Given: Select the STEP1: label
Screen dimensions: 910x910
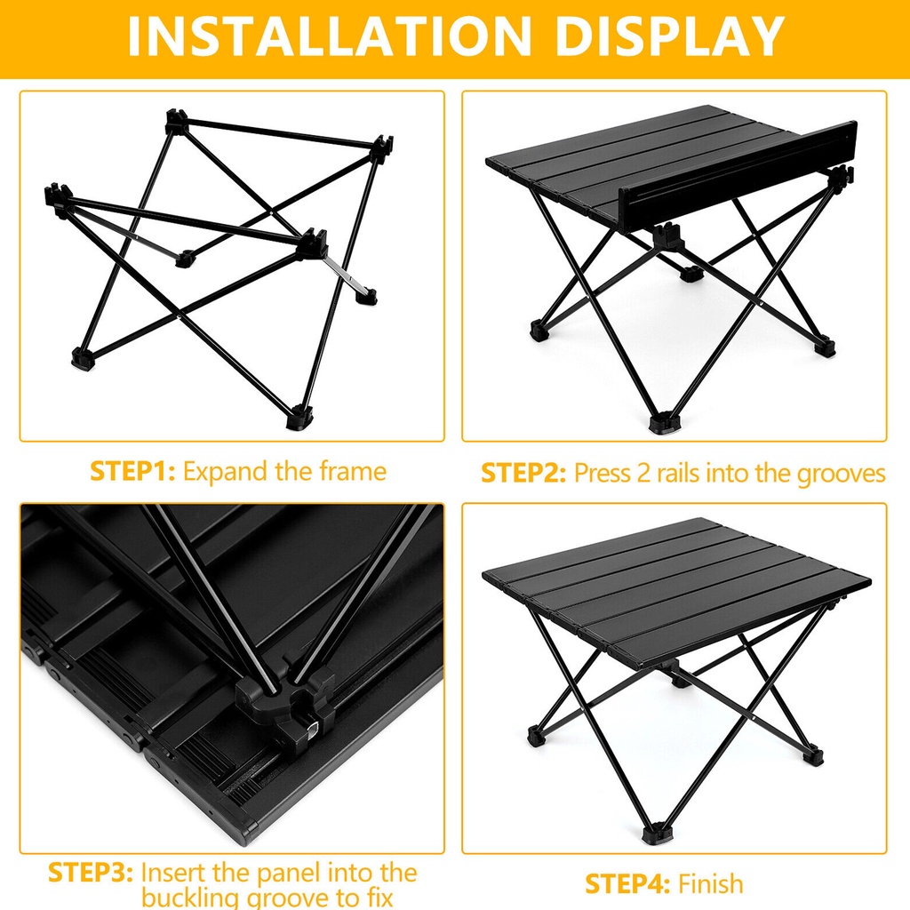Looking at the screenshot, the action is pos(132,471).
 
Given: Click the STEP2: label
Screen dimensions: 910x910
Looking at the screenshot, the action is pos(523,473).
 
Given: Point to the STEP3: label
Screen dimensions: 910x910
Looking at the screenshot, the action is pos(91,873).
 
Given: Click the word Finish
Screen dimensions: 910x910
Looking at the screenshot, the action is pos(710,884).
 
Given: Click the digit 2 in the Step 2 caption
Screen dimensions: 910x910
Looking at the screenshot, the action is pos(643,474).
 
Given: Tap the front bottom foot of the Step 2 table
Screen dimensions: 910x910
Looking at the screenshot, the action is pos(663,422).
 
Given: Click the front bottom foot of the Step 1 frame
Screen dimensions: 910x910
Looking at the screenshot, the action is pos(300,418).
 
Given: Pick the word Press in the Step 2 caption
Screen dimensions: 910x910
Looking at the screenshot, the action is pos(602,474).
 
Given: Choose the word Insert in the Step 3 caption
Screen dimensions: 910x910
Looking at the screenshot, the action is pos(173,873).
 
